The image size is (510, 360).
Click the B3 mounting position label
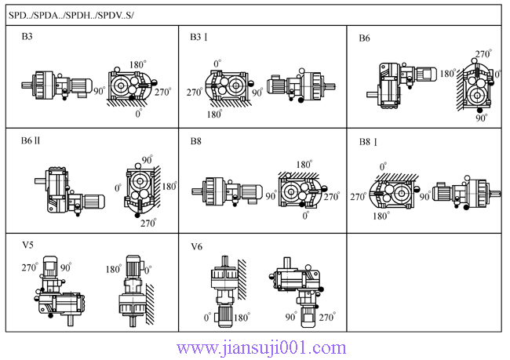point(27,37)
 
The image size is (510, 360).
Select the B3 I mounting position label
point(201,37)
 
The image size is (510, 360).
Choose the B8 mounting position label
point(196,141)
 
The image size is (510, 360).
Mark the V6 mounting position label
point(197,246)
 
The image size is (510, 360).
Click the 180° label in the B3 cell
point(138,65)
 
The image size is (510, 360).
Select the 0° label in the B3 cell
point(138,114)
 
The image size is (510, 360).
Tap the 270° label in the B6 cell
point(483,54)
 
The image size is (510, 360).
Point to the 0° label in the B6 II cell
point(118,188)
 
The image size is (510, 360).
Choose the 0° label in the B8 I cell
point(383,167)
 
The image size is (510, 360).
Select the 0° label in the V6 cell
point(208,318)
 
